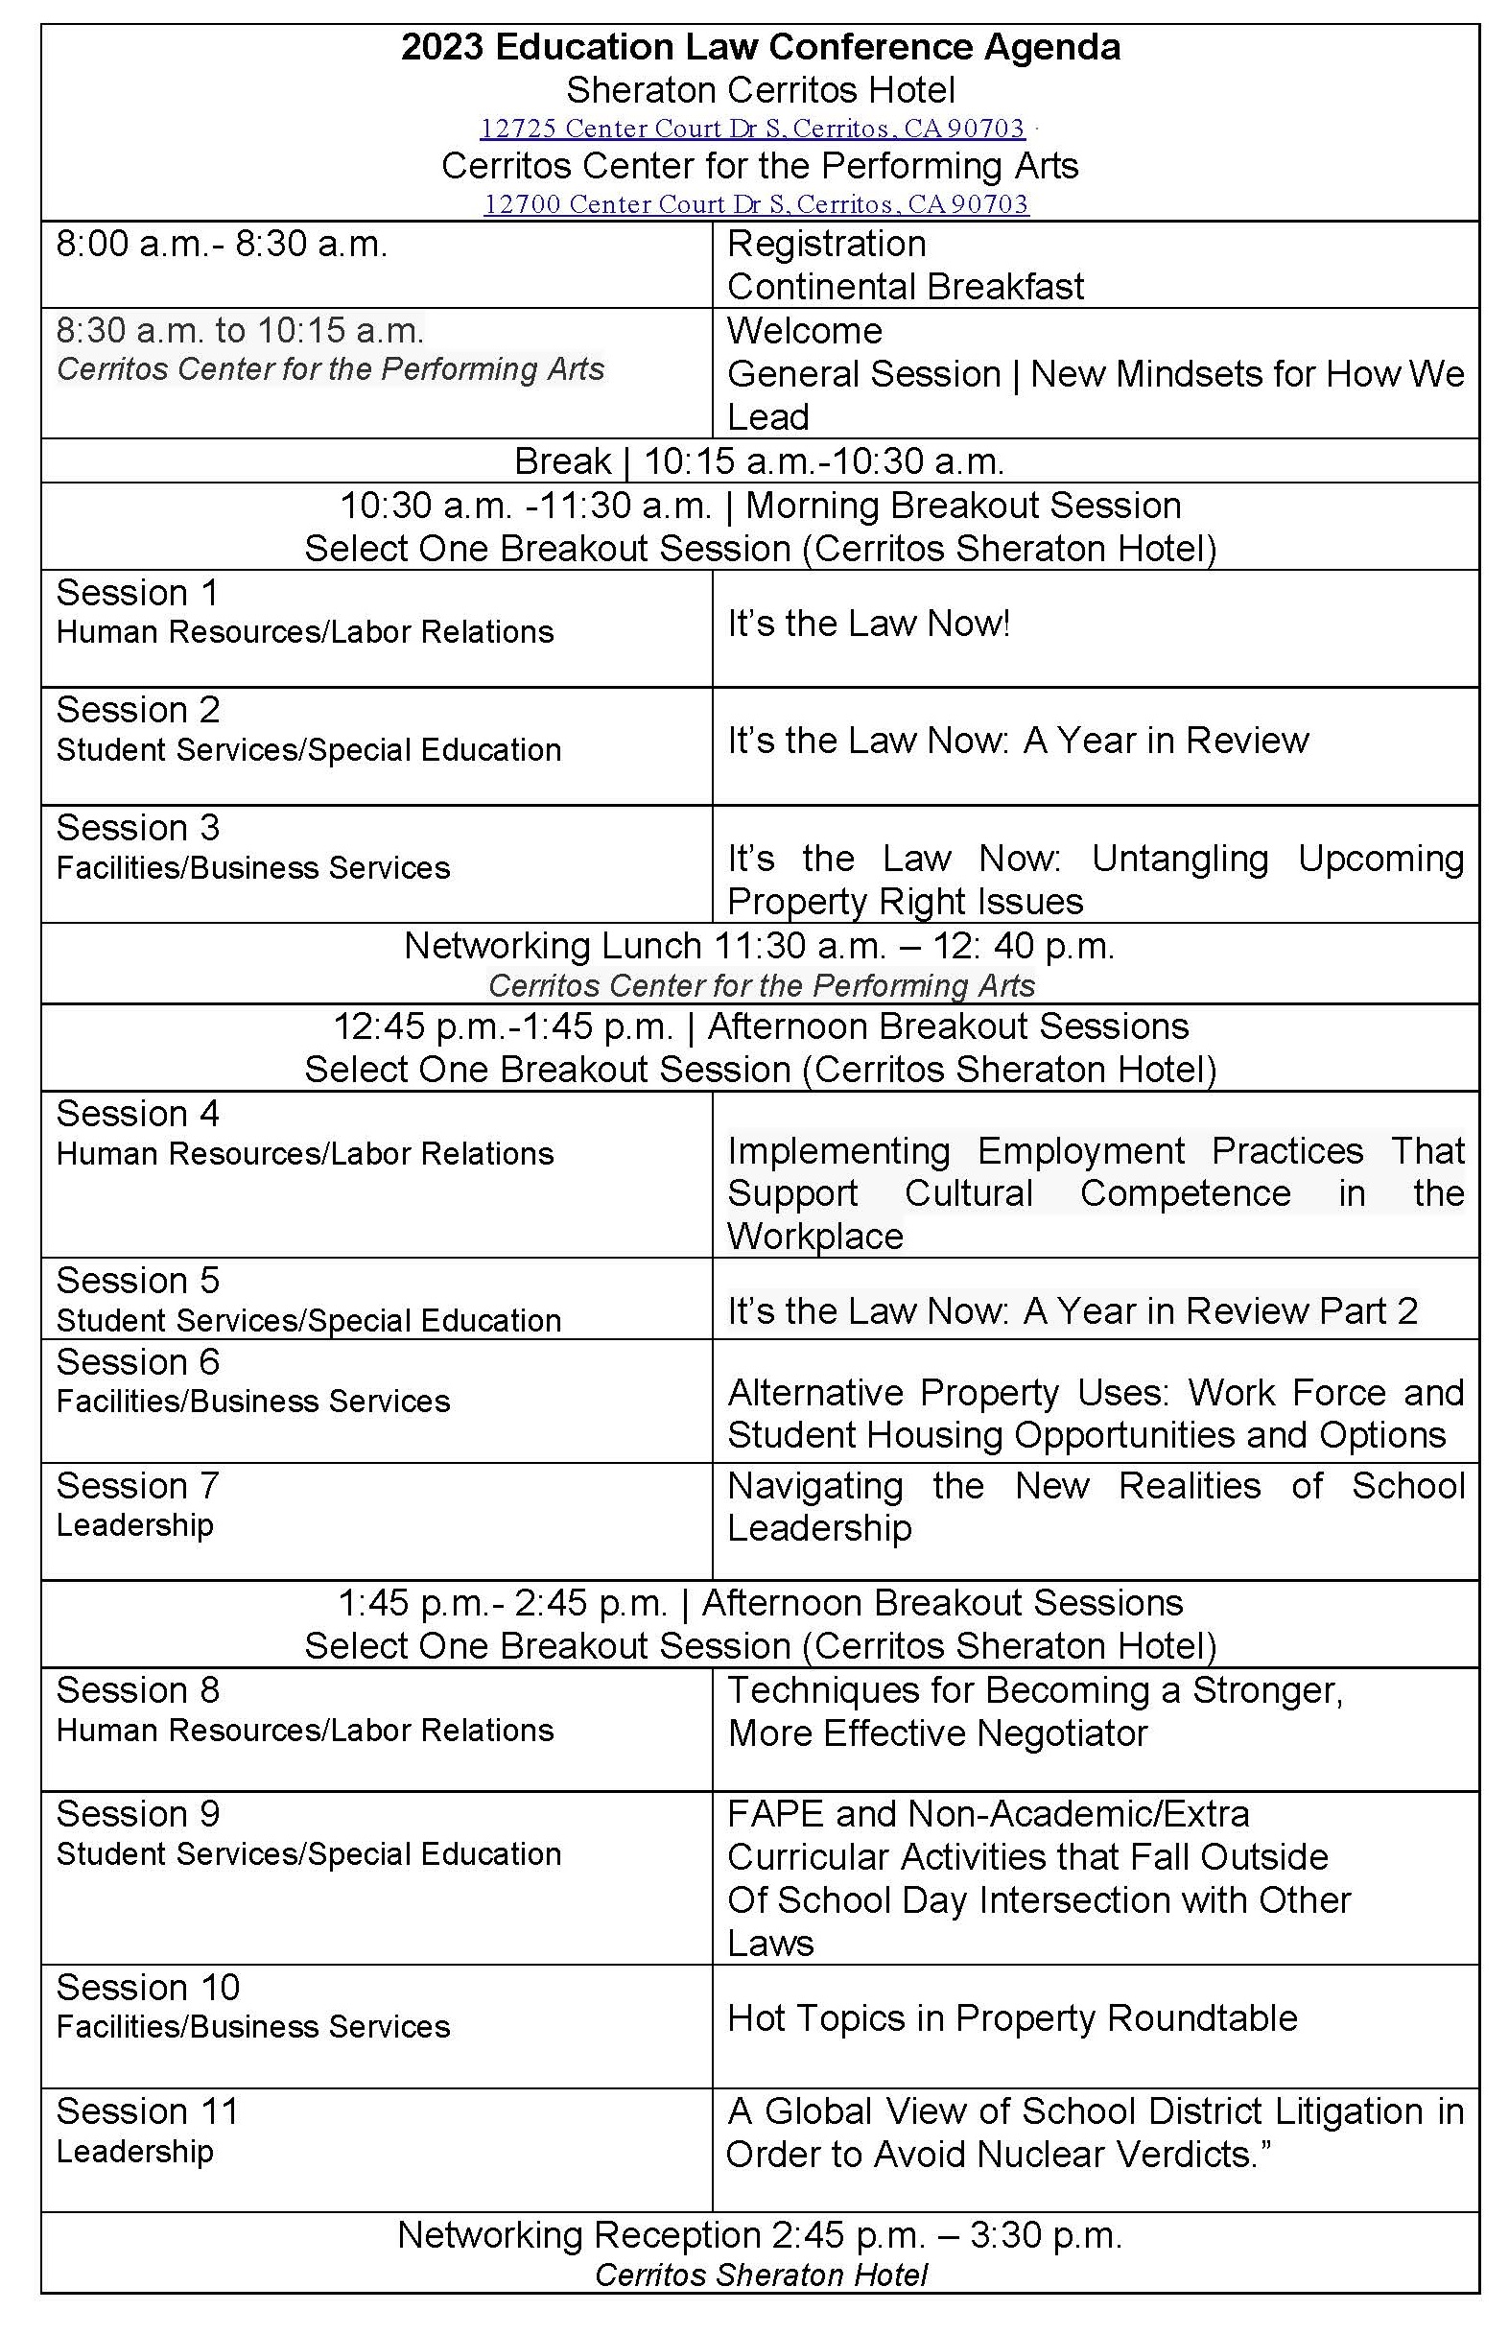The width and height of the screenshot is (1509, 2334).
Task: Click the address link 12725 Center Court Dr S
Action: coord(751,129)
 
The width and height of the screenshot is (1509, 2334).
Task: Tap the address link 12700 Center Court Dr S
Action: coord(756,203)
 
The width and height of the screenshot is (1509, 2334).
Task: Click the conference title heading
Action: coord(761,47)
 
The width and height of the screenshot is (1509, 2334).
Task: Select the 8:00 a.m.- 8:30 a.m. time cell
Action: coord(222,244)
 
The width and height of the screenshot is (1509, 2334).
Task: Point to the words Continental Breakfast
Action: coord(906,287)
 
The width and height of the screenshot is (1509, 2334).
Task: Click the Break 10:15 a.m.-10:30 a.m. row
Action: coord(760,460)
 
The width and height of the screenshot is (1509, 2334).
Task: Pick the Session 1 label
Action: coord(137,593)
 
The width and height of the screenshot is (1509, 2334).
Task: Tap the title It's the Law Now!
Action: coord(868,624)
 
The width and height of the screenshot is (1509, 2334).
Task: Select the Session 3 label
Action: coord(137,828)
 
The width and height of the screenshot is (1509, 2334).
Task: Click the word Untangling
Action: coord(1180,859)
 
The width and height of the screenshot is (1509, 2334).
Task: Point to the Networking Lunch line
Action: coord(760,946)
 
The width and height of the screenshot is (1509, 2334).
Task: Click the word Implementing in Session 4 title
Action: coord(838,1150)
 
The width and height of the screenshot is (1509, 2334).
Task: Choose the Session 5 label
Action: coord(137,1281)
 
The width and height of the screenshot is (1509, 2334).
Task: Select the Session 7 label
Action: coord(137,1486)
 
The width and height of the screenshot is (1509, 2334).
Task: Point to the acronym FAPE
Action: coord(775,1815)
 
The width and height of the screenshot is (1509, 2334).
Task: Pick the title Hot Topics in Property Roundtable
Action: coord(1012,2018)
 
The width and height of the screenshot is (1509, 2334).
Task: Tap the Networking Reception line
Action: coord(760,2235)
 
